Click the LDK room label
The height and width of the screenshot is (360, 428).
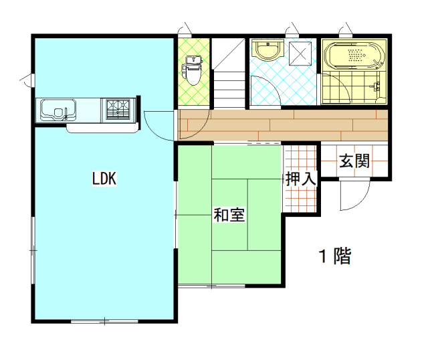pos(104,179)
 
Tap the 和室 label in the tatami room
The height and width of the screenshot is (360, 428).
pos(229,215)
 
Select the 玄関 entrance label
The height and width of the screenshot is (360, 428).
pos(354,161)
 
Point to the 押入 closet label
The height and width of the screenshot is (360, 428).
pos(301,179)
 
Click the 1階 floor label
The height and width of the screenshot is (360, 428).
pos(335,256)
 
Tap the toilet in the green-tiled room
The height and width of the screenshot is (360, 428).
pos(192,70)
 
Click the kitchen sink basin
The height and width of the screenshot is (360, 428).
pos(58,110)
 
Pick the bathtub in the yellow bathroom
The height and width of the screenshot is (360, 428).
pos(354,55)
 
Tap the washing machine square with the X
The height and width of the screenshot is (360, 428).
pos(300,54)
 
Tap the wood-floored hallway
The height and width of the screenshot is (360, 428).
pos(283,125)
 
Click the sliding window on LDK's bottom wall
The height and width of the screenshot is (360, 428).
pos(104,321)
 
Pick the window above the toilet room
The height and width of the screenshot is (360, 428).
pos(185,32)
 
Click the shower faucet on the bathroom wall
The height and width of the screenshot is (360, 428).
pos(377,86)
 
